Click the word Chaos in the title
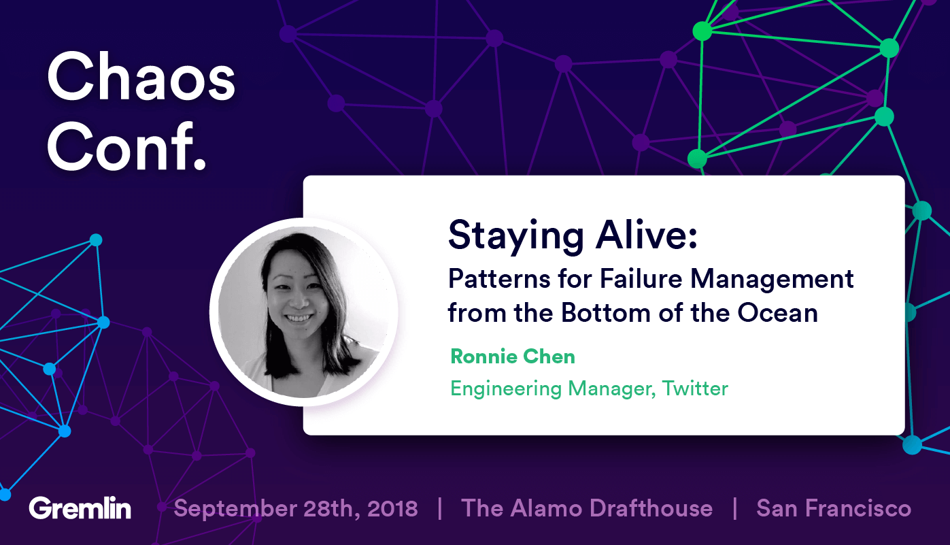click(x=141, y=80)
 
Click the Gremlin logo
click(x=80, y=508)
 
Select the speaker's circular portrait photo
click(x=304, y=312)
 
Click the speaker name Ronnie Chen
click(x=513, y=356)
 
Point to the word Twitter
click(x=695, y=389)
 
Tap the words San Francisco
click(x=834, y=508)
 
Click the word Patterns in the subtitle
click(x=494, y=278)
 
